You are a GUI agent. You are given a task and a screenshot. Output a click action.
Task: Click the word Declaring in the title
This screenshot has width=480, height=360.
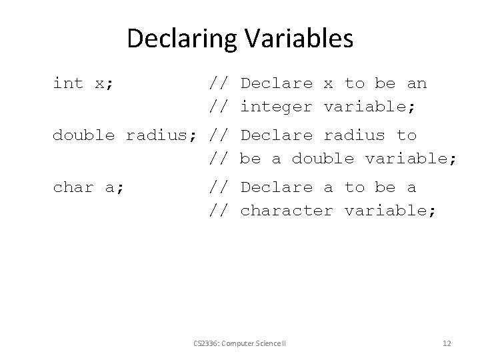coord(179,39)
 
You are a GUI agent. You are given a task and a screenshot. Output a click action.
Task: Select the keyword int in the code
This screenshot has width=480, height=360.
coord(68,83)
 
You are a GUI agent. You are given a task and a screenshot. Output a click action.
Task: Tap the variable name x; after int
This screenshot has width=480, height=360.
coord(104,83)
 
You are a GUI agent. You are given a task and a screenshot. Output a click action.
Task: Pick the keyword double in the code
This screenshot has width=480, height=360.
coord(83,135)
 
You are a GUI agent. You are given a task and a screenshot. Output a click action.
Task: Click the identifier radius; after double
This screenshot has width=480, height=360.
coord(161,135)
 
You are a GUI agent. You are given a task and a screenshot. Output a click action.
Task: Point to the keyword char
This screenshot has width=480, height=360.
coord(73,187)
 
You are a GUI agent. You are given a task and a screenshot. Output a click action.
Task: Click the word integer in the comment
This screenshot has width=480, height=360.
coord(276,107)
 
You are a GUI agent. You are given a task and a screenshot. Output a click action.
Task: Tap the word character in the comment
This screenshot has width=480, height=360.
coord(287,211)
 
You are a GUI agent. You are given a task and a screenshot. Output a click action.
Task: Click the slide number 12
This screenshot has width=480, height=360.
coord(447,343)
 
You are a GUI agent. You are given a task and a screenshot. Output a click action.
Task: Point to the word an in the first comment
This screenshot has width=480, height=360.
coord(417,83)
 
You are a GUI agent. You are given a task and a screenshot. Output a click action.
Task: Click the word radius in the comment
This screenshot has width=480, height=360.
coord(354,135)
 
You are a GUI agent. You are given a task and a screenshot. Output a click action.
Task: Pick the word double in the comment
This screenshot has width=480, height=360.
coord(323,159)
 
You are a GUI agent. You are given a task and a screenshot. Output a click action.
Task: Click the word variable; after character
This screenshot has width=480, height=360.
coord(391,211)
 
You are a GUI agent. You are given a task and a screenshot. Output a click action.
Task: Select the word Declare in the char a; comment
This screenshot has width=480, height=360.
coord(276,187)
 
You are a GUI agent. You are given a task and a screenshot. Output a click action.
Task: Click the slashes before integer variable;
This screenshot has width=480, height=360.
coord(219,107)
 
